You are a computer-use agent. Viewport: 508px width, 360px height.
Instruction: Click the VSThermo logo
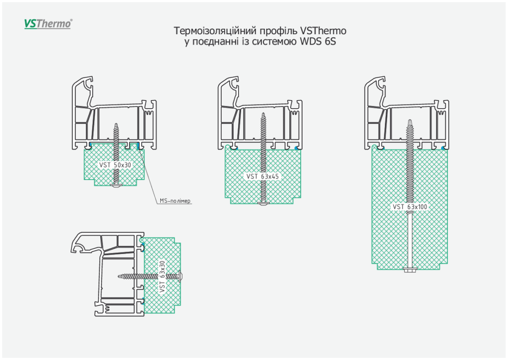[x=48, y=23]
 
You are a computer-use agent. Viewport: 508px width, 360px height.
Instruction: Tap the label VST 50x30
[x=115, y=164]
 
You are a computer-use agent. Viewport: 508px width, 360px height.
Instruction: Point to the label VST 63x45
[x=263, y=176]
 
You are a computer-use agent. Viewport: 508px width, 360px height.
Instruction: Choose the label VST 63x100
[x=410, y=207]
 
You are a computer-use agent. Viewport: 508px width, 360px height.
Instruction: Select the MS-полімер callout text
[x=175, y=201]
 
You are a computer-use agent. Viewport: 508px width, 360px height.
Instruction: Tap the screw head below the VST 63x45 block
[x=263, y=203]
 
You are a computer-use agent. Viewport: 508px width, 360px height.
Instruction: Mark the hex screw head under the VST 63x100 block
[x=410, y=270]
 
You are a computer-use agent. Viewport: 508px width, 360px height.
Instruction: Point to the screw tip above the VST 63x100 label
[x=410, y=120]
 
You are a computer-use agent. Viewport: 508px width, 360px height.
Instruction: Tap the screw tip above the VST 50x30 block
[x=116, y=125]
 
